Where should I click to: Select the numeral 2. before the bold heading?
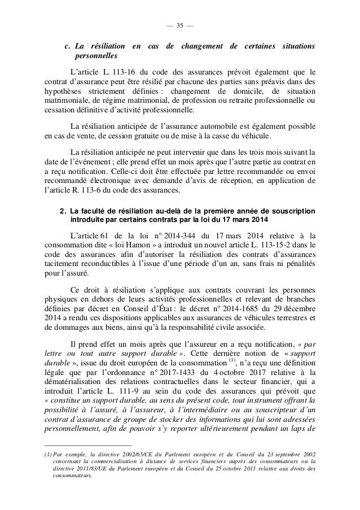point(63,211)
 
